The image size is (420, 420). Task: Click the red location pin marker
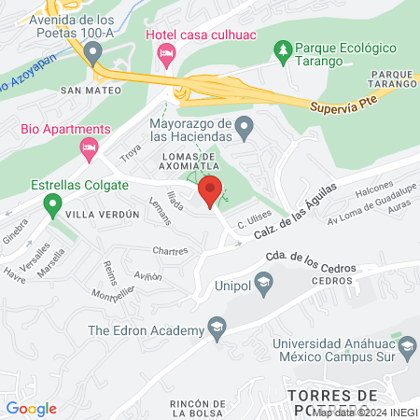210,190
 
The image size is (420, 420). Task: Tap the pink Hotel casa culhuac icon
165,58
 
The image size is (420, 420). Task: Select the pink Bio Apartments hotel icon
90,147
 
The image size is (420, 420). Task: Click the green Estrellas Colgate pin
53,201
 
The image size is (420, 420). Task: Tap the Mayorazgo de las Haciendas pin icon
244,124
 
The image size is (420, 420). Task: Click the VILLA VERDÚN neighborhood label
104,214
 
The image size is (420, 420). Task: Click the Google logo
32,408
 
